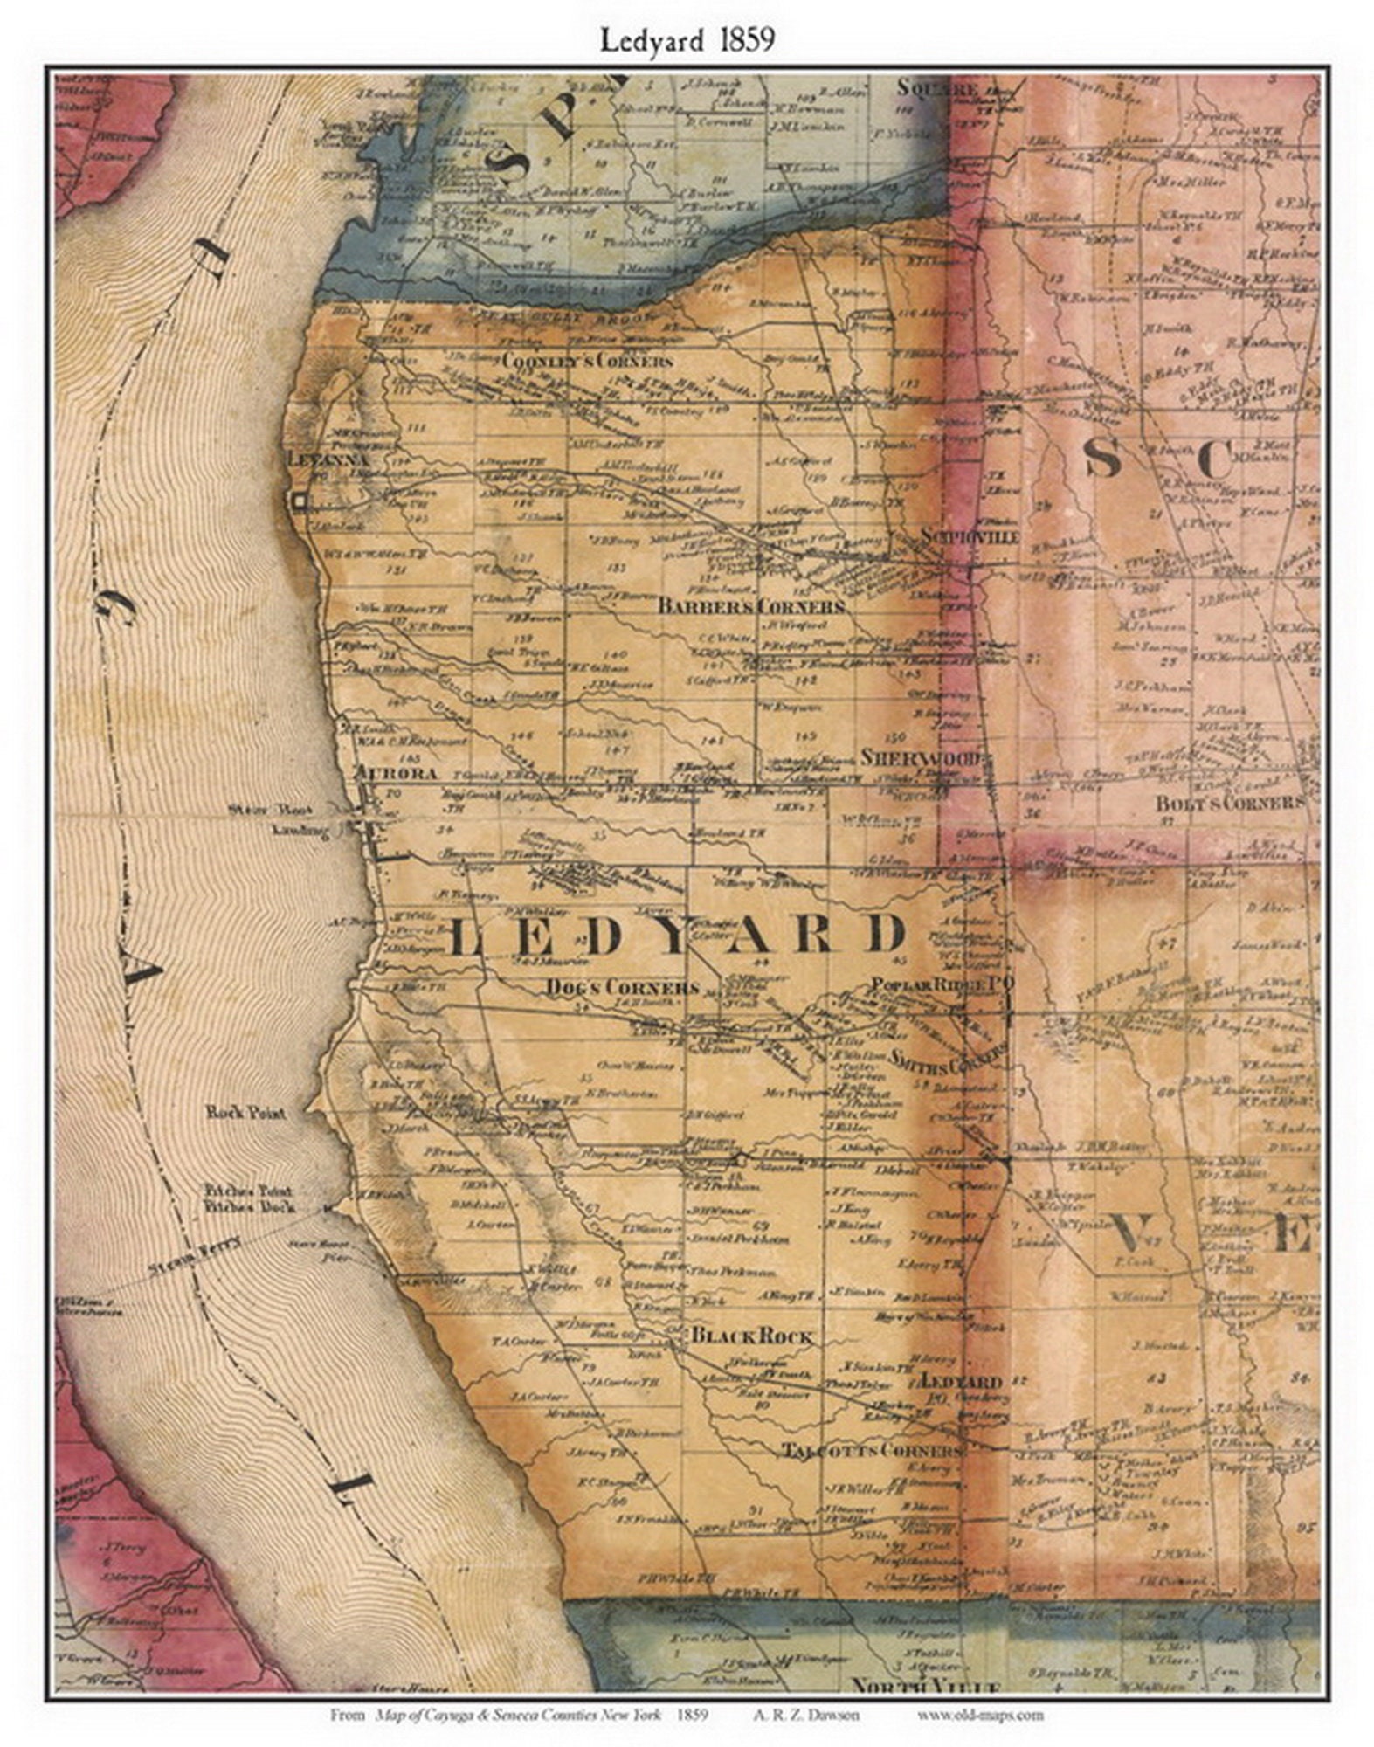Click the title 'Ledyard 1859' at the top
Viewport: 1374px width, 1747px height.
(x=687, y=40)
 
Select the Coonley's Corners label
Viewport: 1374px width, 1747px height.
(x=588, y=361)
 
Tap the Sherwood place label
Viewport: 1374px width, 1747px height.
(x=922, y=757)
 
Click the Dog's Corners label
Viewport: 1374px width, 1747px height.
(x=623, y=987)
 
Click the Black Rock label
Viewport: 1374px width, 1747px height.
(x=752, y=1336)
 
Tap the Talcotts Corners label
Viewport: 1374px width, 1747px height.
(x=871, y=1450)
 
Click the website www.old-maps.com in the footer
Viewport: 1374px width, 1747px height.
(x=980, y=1715)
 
